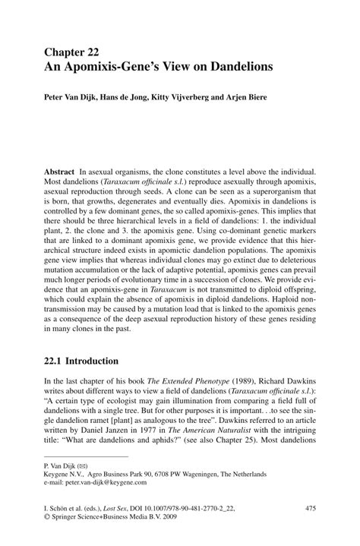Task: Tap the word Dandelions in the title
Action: point(235,68)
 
